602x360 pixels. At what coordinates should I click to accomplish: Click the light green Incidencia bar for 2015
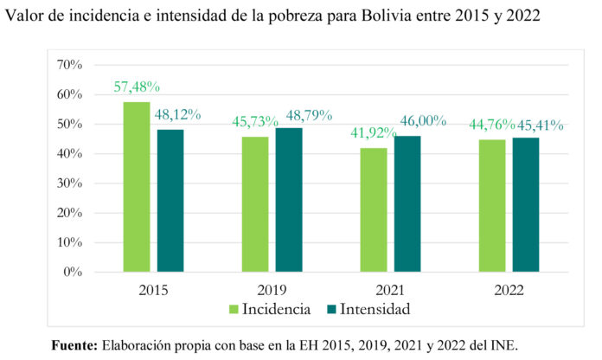pos(136,186)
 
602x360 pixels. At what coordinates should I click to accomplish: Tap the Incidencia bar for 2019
pos(255,203)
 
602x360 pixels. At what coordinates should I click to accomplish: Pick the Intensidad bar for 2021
pos(407,203)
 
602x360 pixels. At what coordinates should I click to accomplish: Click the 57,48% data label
pos(137,87)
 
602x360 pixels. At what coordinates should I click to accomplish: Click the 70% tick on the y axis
pos(69,65)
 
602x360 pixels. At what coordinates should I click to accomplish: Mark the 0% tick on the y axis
pos(73,272)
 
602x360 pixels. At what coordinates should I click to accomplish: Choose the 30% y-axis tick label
pos(69,183)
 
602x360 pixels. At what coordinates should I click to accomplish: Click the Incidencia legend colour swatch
pos(234,308)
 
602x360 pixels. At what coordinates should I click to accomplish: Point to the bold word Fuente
pos(74,344)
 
